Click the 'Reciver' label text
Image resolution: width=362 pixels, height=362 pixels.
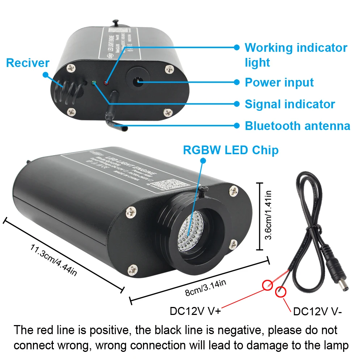click(28, 63)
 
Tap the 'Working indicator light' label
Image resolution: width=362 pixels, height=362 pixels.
click(296, 55)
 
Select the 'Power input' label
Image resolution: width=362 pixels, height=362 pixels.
click(279, 83)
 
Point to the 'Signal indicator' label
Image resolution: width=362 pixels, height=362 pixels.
click(290, 104)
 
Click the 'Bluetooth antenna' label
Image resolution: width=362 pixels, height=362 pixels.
click(298, 126)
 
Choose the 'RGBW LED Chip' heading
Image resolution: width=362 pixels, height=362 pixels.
click(231, 150)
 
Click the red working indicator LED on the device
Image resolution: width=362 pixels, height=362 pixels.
click(106, 83)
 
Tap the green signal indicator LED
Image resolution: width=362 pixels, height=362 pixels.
click(93, 83)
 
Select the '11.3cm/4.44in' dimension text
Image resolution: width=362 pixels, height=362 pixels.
click(54, 260)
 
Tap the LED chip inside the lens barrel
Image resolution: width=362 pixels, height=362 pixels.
click(189, 232)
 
